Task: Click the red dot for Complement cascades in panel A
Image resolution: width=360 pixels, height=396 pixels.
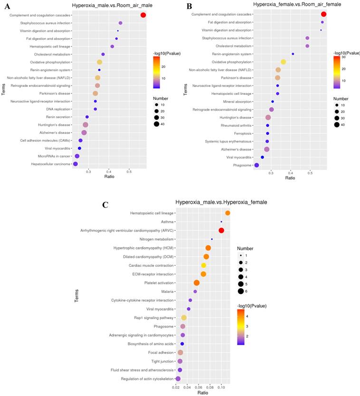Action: coord(143,15)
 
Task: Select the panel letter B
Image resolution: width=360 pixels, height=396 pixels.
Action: coord(189,6)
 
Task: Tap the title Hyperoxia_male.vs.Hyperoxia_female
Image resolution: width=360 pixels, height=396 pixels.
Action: coord(221,202)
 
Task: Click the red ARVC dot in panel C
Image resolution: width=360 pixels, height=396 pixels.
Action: coord(221,230)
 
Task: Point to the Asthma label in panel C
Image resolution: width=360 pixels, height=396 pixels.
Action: coord(167,222)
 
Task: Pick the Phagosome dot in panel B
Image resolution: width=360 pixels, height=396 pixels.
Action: coord(256,165)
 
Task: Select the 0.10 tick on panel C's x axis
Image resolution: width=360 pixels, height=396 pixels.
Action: coord(221,387)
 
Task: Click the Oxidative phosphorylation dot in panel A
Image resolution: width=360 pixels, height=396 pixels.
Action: coord(99,62)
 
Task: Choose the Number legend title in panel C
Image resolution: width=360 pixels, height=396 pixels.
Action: coord(246,248)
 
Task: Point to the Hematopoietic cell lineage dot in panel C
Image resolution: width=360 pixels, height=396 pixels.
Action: coord(227,213)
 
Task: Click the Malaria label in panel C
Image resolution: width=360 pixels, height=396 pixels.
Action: coord(167,292)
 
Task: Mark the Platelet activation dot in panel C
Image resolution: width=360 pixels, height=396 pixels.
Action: coord(197,283)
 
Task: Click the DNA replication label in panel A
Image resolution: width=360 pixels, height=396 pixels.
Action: coord(58,109)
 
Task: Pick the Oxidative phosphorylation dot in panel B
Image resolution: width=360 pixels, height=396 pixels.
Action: coord(284,62)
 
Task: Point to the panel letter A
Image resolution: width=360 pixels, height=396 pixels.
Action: coord(7,7)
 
